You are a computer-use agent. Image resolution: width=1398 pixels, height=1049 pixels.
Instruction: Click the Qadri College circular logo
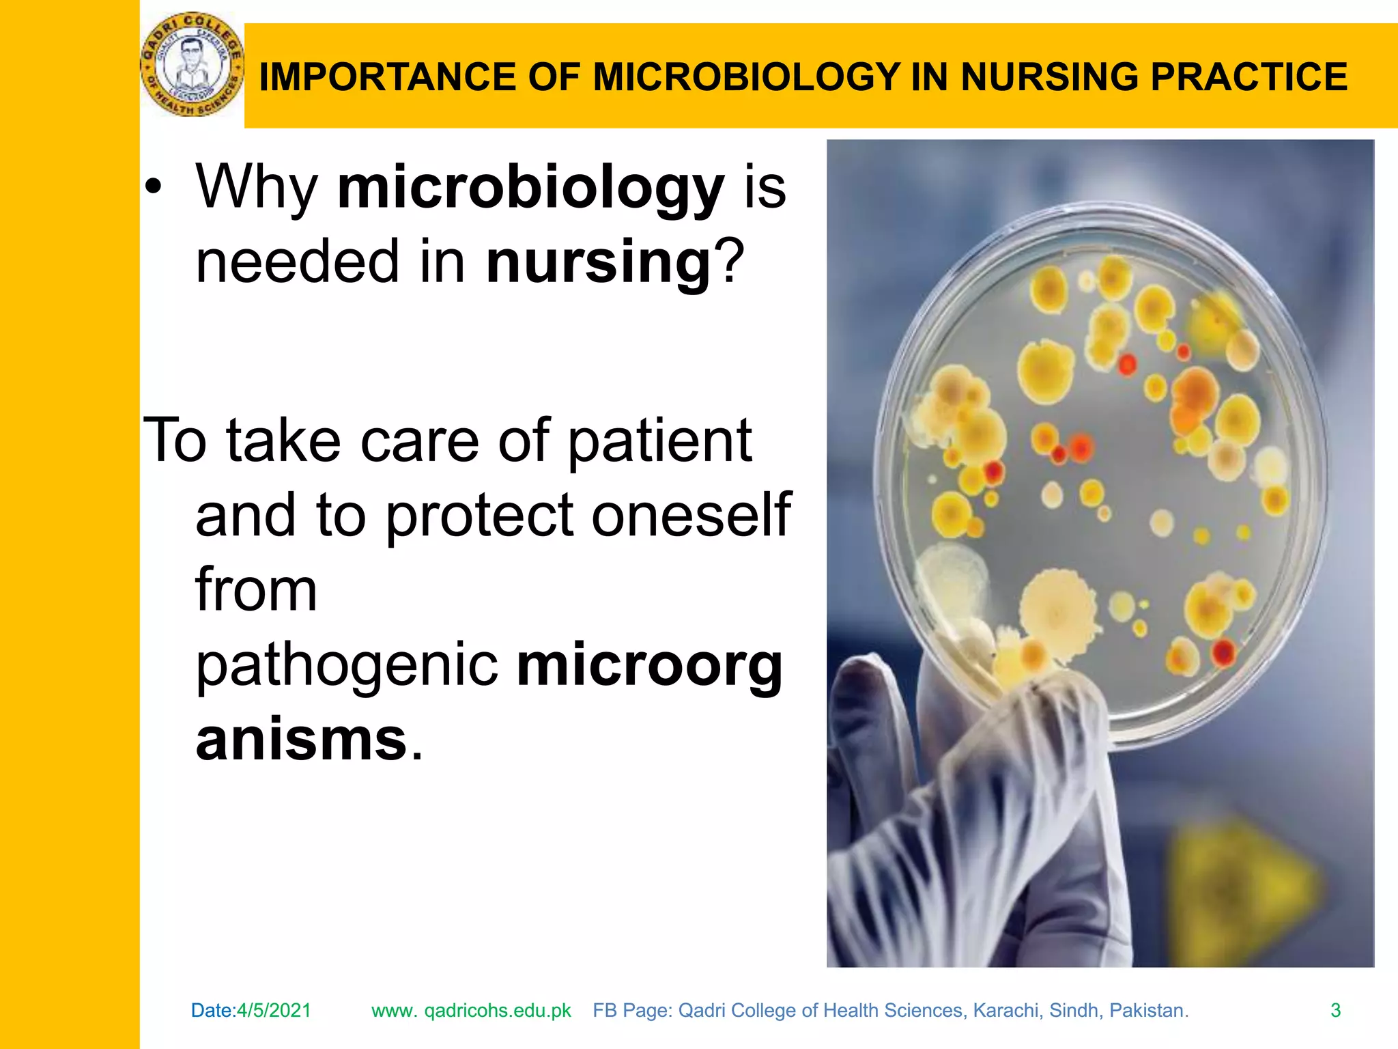pyautogui.click(x=191, y=66)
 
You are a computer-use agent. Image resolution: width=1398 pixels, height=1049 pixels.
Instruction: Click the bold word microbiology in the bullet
pyautogui.click(x=530, y=188)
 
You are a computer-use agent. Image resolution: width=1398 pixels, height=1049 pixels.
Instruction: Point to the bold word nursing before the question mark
pyautogui.click(x=599, y=262)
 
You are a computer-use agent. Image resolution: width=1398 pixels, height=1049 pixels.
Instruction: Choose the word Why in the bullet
pyautogui.click(x=257, y=188)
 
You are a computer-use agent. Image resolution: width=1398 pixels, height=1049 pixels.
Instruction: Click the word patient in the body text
pyautogui.click(x=659, y=441)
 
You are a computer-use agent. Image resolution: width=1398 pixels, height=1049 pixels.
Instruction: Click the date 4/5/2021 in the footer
pyautogui.click(x=274, y=1010)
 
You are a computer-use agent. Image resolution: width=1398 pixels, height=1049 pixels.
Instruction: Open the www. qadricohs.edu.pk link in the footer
pyautogui.click(x=471, y=1010)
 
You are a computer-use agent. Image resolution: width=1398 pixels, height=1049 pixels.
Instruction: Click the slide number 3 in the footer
pyautogui.click(x=1335, y=1010)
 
